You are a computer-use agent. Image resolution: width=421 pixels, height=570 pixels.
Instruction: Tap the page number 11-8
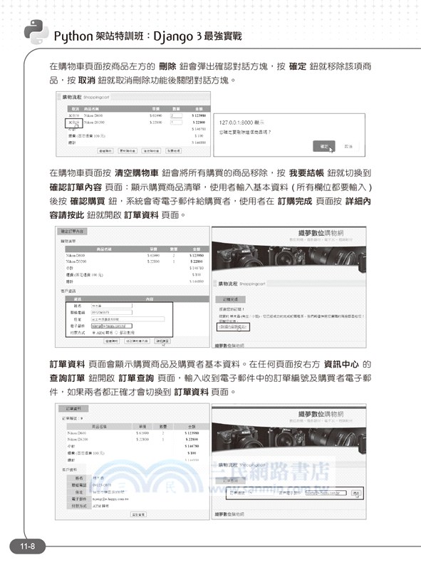click(28, 546)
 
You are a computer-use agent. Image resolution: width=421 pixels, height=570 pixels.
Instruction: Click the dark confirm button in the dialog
click(323, 145)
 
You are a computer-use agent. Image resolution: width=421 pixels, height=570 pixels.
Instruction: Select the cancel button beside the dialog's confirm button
click(348, 145)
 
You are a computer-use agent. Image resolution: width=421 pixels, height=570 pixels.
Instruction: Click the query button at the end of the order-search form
click(355, 492)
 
